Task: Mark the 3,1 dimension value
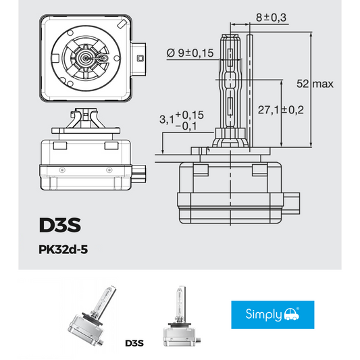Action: coord(165,120)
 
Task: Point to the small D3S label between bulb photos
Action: coord(134,343)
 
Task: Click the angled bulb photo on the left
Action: coord(91,317)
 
